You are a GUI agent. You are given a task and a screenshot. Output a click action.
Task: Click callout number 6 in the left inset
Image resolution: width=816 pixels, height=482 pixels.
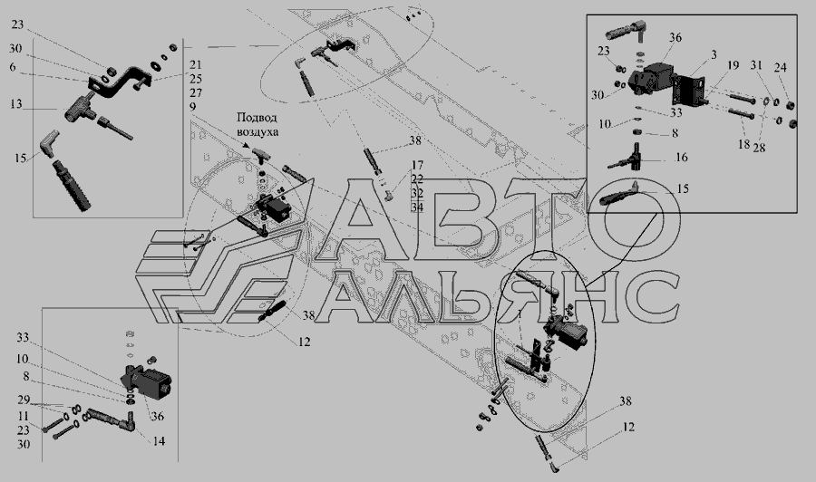[x=13, y=66]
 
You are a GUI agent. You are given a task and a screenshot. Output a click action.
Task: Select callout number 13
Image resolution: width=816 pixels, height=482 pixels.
[x=16, y=104]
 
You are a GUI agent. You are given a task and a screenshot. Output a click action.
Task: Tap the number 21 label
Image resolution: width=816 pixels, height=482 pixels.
[x=196, y=65]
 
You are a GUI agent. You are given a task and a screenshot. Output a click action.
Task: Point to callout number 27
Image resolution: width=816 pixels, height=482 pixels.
[x=196, y=93]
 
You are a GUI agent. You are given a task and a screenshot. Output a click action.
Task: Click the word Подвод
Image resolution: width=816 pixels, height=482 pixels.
[x=257, y=118]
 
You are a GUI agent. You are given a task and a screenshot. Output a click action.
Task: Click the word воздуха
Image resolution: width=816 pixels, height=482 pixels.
[x=257, y=132]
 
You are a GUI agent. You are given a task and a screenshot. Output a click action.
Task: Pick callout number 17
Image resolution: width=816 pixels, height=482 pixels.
[x=417, y=166]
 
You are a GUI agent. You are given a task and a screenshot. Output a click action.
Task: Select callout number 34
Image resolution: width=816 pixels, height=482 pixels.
[x=417, y=207]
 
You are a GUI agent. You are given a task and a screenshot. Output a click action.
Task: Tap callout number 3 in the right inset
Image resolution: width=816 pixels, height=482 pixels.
[x=714, y=54]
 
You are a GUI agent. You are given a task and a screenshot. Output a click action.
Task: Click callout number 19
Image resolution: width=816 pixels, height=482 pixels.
[x=733, y=65]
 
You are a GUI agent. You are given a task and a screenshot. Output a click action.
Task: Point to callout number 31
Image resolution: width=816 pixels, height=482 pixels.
[x=756, y=65]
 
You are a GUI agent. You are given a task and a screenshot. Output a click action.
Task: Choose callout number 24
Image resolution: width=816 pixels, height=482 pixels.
[x=780, y=68]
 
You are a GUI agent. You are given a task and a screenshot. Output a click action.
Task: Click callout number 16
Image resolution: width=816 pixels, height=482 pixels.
[x=681, y=157]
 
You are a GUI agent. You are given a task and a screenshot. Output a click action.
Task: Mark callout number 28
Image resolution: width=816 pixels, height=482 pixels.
[x=759, y=148]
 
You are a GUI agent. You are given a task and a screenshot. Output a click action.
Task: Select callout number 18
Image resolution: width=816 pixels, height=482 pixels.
[x=744, y=144]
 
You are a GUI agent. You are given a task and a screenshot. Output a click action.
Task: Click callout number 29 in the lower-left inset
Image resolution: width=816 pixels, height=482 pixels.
[x=23, y=400]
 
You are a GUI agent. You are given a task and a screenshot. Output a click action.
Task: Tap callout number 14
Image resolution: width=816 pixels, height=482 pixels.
[x=159, y=441]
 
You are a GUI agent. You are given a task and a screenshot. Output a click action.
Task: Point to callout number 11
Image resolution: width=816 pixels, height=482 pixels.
[x=23, y=417]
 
